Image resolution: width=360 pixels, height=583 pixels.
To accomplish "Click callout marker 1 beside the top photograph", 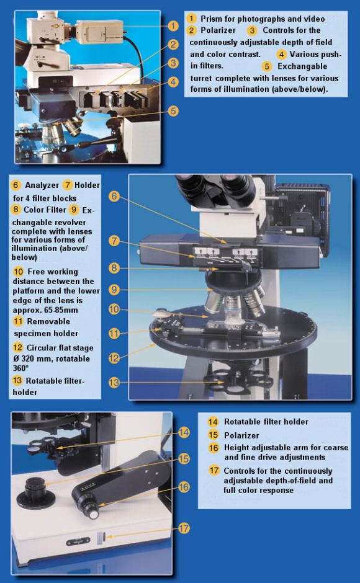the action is click(x=173, y=26).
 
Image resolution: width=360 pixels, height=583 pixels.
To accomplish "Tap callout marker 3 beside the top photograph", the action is click(x=173, y=63).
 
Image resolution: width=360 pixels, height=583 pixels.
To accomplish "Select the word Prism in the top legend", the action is click(x=212, y=19).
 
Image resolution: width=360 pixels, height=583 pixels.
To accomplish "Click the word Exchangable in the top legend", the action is click(x=302, y=66).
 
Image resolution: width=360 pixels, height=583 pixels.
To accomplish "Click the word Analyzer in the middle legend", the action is click(x=42, y=185).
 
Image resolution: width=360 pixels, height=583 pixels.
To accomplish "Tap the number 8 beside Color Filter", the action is click(x=16, y=210).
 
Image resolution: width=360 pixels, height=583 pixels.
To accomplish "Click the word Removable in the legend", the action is click(x=48, y=321).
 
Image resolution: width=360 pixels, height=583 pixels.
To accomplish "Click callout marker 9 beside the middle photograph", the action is click(x=114, y=289).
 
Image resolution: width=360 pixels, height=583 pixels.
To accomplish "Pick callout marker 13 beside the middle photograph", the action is click(x=114, y=382).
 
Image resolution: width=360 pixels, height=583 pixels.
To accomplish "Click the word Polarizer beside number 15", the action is click(x=241, y=435).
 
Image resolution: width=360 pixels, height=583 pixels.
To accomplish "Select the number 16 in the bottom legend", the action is click(x=214, y=447).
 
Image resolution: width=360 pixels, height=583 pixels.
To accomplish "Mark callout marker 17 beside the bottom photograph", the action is click(x=184, y=528).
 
